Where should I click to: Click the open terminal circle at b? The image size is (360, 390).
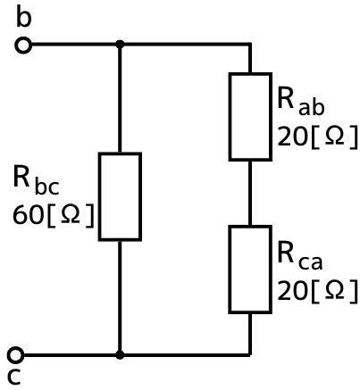pos(23,46)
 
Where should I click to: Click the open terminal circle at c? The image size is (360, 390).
pos(15,355)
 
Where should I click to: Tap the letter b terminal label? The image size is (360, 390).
pos(23,17)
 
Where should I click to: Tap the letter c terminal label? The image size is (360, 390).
pos(14,376)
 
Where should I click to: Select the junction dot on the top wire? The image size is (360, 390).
pos(120,45)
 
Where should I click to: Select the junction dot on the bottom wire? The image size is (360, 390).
pos(120,355)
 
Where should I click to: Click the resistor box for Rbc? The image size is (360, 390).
pos(99,196)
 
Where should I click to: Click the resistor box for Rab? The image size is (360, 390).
pos(230,117)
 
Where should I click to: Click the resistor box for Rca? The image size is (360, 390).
pos(230,270)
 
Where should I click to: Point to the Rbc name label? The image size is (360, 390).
pos(36,181)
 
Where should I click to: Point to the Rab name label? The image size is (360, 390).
pos(300,101)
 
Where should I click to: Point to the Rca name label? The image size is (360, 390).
pos(299,255)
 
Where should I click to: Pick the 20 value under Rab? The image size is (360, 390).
pos(292,137)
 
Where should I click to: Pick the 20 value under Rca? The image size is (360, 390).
pos(292,290)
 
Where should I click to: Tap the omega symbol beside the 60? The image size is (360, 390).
pos(71,214)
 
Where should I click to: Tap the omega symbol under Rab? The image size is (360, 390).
pos(334,136)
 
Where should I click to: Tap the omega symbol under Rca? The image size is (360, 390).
pos(334,290)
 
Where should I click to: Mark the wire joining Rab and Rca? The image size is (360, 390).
pos(250,193)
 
